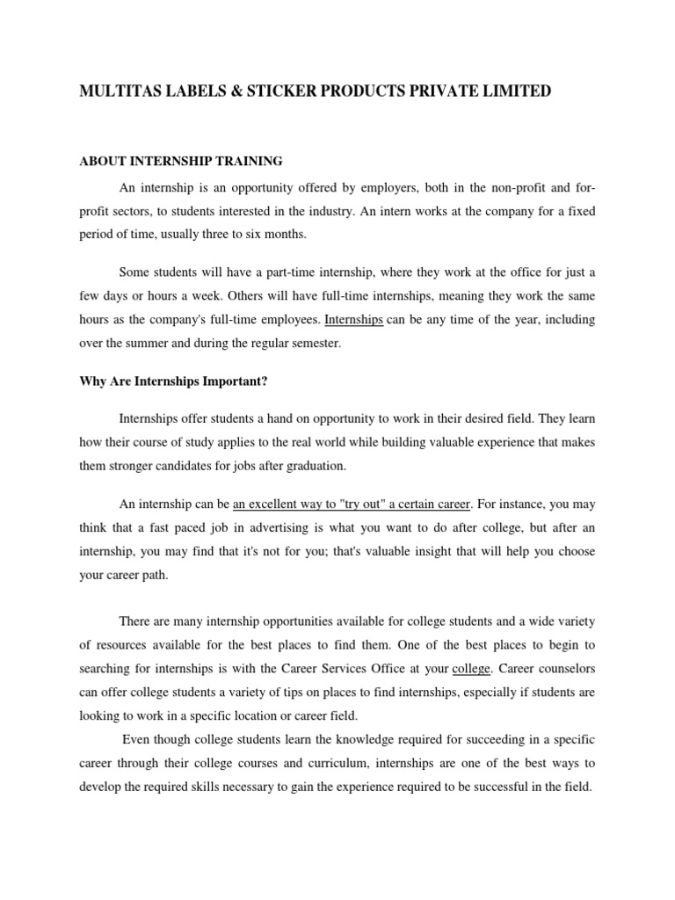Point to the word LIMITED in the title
coord(516,91)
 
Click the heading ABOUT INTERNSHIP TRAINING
coord(181,161)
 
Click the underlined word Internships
coord(354,320)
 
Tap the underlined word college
coord(470,668)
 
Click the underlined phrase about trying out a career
coord(352,504)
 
